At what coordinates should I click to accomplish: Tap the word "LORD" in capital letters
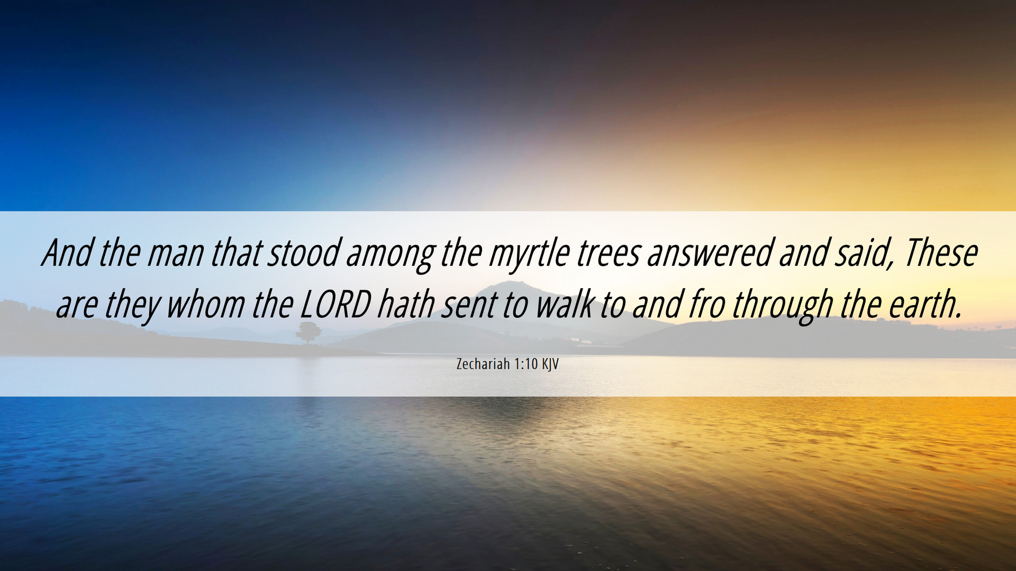click(335, 305)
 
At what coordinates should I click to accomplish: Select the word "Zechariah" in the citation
click(483, 364)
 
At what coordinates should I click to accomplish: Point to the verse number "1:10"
click(525, 364)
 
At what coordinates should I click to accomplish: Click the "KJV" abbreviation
click(550, 364)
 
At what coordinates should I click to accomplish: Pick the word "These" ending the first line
click(940, 253)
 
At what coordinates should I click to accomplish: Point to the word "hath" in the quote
click(406, 305)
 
